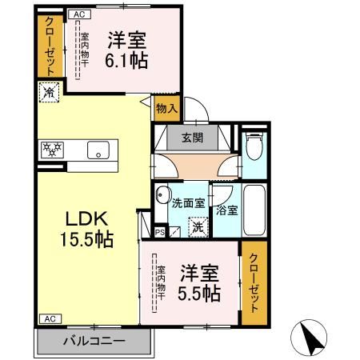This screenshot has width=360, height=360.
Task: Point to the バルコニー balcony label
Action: pos(94,342)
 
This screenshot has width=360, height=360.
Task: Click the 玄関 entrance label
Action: pos(191,137)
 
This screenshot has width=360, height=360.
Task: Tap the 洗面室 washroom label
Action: pos(189,202)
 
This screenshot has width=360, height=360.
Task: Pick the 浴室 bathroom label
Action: pos(227,210)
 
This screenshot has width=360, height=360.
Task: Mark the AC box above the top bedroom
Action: pos(78,14)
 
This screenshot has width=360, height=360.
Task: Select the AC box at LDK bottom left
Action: pos(48,318)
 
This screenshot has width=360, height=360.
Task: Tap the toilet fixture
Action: pos(254,146)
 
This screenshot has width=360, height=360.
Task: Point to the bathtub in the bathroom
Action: pos(255,206)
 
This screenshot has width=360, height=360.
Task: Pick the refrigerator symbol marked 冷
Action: pos(47,92)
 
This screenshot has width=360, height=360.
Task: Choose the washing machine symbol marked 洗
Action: pos(197,226)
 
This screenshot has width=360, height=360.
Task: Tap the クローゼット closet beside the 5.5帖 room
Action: pos(254,282)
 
